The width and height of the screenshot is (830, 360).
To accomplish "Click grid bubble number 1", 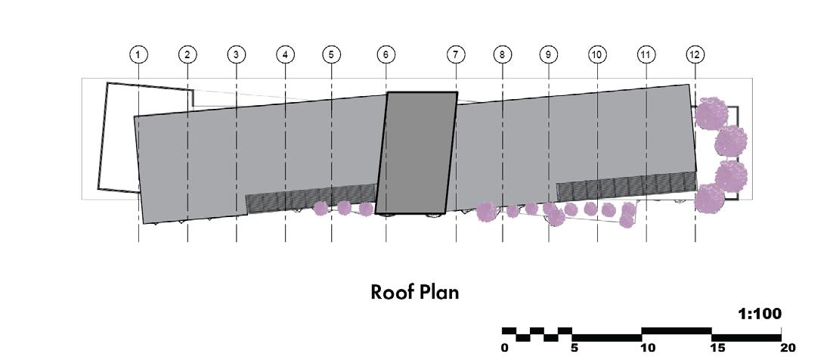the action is (138, 54).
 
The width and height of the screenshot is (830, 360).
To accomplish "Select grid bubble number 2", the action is (187, 54).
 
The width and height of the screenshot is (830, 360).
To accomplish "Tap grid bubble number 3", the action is (236, 54).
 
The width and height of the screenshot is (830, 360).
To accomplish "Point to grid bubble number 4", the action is (285, 54).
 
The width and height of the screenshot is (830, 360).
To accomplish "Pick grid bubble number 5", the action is (331, 54).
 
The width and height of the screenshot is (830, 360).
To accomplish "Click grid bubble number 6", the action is (386, 54).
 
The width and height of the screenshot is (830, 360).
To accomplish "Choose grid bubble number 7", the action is (456, 54).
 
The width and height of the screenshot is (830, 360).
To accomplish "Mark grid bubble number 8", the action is (502, 54).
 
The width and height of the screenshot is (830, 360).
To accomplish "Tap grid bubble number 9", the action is (549, 54).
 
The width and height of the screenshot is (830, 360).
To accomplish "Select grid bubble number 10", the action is (597, 54).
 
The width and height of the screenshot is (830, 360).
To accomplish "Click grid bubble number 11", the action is (646, 54).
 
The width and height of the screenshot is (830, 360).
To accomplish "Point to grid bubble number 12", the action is (695, 54).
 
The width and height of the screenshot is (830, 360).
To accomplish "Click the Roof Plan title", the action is (414, 292).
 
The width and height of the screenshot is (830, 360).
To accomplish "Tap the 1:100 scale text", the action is (759, 313).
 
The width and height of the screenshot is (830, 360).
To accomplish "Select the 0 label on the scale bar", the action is (505, 348).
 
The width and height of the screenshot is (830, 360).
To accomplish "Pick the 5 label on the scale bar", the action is (574, 348).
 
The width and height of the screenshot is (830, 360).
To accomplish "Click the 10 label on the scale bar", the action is (647, 348).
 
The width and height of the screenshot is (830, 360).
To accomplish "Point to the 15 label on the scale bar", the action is (717, 348).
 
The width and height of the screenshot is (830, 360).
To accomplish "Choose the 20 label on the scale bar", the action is (788, 348).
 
